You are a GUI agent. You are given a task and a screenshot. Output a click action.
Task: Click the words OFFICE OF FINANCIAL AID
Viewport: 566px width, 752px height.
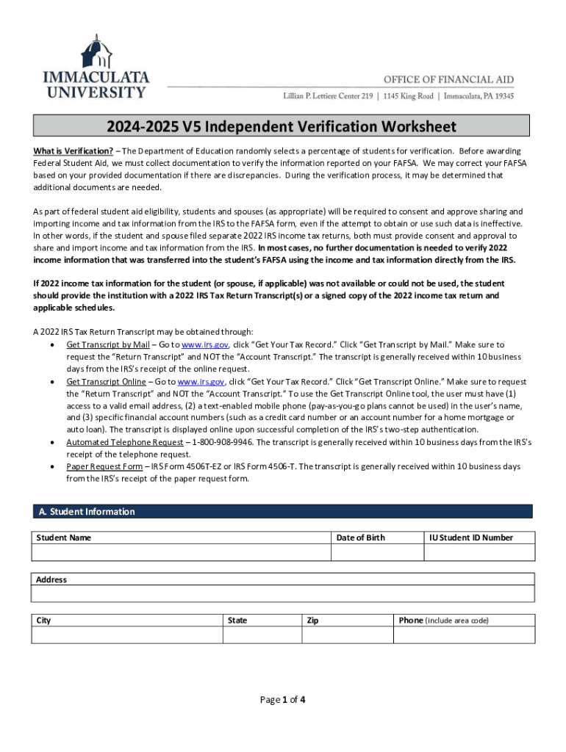pos(448,80)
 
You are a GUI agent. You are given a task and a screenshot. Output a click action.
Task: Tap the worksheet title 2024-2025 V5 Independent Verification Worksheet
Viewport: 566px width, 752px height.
pos(282,126)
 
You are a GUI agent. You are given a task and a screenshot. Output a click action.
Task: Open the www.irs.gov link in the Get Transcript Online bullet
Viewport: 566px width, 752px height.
pos(201,382)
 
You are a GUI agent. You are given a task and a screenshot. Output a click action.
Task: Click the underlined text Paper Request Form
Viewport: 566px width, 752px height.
pos(104,466)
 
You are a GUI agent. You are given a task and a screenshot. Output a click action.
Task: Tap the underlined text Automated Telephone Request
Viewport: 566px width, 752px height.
pos(124,442)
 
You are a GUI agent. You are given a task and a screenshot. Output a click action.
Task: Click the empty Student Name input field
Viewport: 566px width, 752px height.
pos(180,553)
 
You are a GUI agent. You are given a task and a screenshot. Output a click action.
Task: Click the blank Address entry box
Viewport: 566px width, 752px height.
pos(283,593)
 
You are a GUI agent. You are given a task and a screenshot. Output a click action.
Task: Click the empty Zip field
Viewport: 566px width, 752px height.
pos(347,634)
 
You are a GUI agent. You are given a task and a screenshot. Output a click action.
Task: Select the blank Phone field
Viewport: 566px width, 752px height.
pos(465,634)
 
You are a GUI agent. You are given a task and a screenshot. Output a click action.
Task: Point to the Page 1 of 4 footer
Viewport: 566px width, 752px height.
pos(282,700)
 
